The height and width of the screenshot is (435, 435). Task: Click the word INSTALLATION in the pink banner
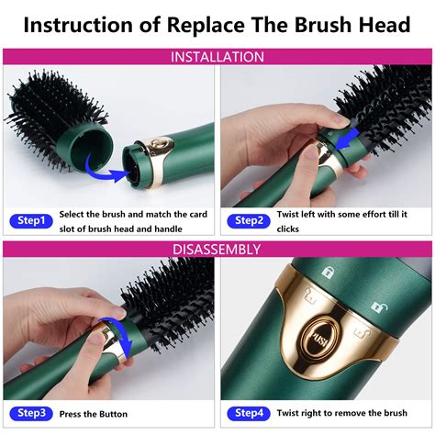(x=217, y=57)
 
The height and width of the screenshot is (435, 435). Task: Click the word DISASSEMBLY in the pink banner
(x=217, y=249)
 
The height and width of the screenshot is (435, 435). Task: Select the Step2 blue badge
(x=249, y=221)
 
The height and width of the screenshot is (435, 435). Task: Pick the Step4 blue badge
(x=249, y=413)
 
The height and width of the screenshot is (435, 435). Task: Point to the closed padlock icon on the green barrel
(x=328, y=273)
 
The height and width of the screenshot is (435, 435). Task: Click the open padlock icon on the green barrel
(x=375, y=306)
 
